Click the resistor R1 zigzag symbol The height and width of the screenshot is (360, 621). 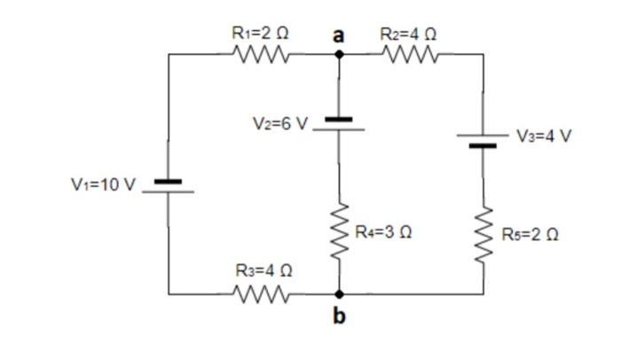click(x=263, y=55)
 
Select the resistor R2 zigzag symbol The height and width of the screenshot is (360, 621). click(x=412, y=55)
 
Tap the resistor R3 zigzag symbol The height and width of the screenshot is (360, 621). click(x=263, y=292)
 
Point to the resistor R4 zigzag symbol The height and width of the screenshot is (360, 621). click(x=339, y=232)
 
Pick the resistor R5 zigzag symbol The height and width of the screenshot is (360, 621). click(x=483, y=233)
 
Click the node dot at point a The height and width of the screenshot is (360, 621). click(x=339, y=54)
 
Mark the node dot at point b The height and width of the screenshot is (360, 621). click(x=339, y=293)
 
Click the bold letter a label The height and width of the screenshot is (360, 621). click(x=338, y=35)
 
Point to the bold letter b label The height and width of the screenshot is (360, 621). click(x=339, y=316)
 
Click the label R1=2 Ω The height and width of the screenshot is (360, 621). click(x=260, y=32)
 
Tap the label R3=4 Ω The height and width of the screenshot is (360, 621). click(x=263, y=270)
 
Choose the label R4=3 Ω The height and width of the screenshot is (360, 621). click(x=383, y=232)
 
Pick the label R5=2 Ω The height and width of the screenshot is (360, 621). click(x=530, y=234)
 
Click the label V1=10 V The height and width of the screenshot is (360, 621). click(x=104, y=184)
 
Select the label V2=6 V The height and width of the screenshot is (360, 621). click(x=279, y=123)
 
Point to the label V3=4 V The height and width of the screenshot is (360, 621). click(x=545, y=136)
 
